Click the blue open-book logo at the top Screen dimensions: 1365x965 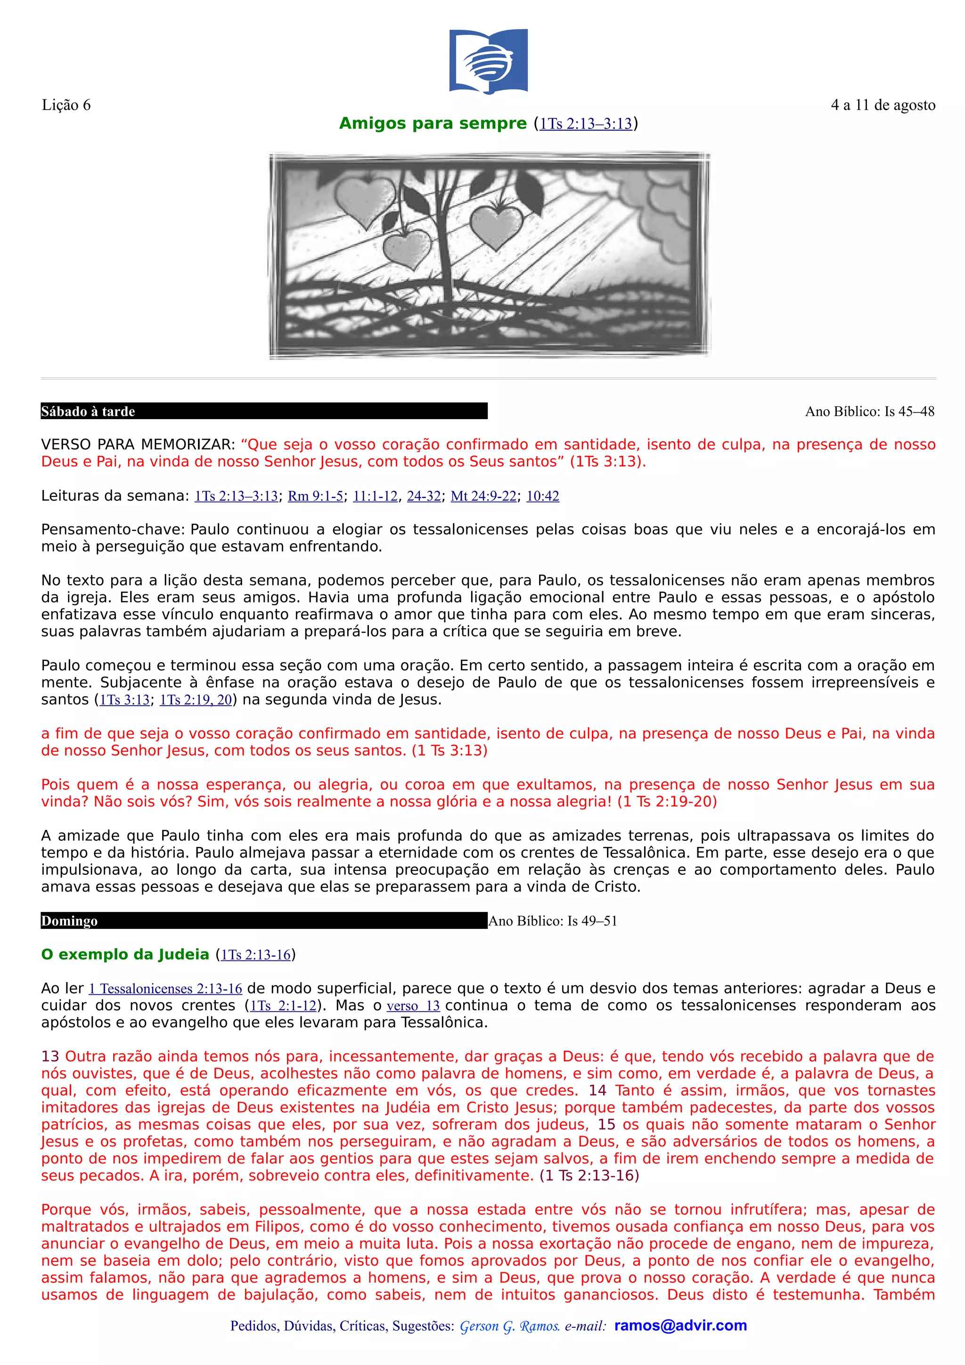tap(488, 61)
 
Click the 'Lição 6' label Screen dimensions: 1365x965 tap(66, 105)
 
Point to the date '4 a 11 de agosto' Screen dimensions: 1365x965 tap(883, 105)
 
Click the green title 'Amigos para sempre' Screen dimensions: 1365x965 tap(432, 124)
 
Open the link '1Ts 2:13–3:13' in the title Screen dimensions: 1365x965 tap(585, 124)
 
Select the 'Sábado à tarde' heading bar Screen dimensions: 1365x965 tap(263, 411)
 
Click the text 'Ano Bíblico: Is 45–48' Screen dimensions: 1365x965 tap(869, 411)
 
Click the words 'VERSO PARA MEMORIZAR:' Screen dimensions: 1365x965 tap(138, 445)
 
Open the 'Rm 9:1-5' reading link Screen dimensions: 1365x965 tap(315, 496)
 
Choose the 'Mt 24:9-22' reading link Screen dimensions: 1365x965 tap(483, 496)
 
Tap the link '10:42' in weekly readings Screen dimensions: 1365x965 tap(542, 496)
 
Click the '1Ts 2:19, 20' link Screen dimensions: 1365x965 tap(196, 700)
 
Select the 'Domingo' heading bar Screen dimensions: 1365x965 tap(263, 921)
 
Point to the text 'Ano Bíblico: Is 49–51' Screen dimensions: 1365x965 tap(552, 921)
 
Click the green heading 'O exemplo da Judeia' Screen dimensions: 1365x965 tap(125, 955)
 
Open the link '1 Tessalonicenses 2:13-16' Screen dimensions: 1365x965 tap(165, 989)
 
